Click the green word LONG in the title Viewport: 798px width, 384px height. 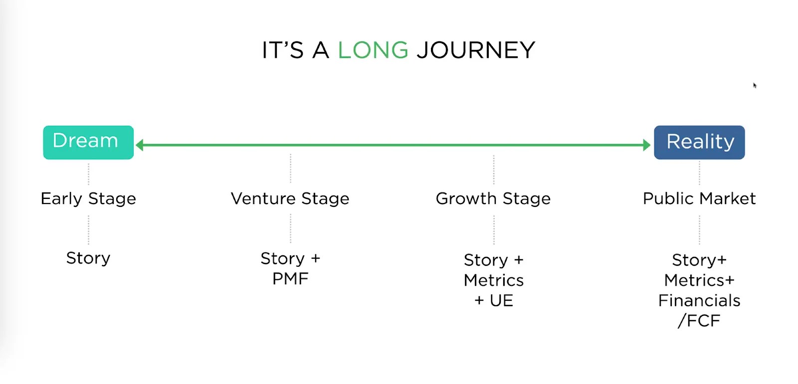tap(373, 50)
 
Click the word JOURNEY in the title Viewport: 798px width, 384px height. tap(476, 50)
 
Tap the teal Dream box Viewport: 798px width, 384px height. tap(88, 142)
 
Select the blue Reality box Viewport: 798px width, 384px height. tap(699, 142)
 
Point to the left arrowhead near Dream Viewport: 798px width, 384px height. tap(140, 145)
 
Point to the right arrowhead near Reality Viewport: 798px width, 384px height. tap(647, 145)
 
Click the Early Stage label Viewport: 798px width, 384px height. tap(88, 199)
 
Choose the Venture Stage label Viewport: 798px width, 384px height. tap(290, 199)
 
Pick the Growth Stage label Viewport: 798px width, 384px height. tap(493, 199)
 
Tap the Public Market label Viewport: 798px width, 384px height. tap(699, 199)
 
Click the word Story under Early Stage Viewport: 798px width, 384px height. tap(88, 258)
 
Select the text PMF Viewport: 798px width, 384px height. tap(290, 279)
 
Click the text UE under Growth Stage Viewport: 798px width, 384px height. tap(501, 301)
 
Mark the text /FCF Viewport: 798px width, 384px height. tap(699, 321)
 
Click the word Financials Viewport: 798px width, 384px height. tap(699, 301)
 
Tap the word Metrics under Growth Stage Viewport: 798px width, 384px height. tap(494, 280)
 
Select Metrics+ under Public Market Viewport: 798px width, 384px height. tap(699, 280)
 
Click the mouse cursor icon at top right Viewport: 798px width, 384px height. tap(755, 85)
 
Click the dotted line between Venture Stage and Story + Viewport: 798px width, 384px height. tap(290, 228)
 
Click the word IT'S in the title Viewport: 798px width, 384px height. tap(282, 50)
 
